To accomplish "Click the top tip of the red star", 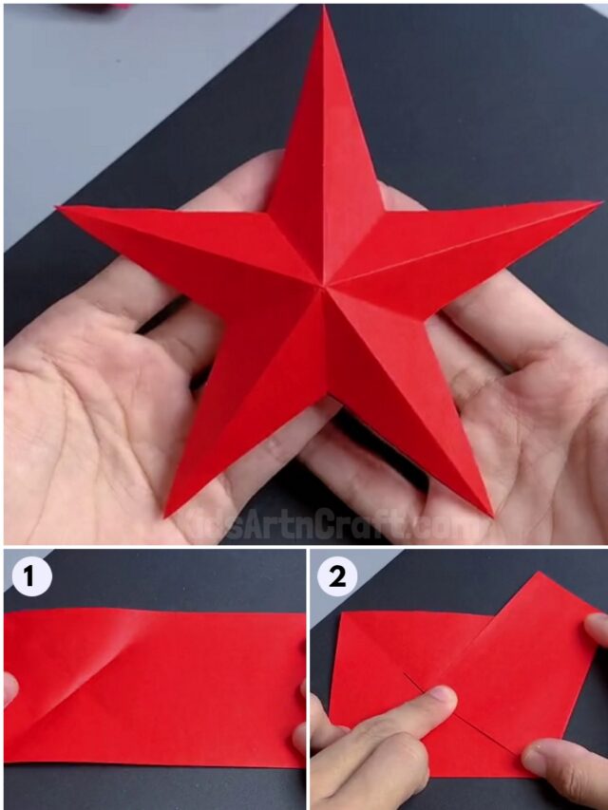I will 324,9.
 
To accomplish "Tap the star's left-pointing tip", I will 60,208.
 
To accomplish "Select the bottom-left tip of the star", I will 168,514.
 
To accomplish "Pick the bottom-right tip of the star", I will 491,514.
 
